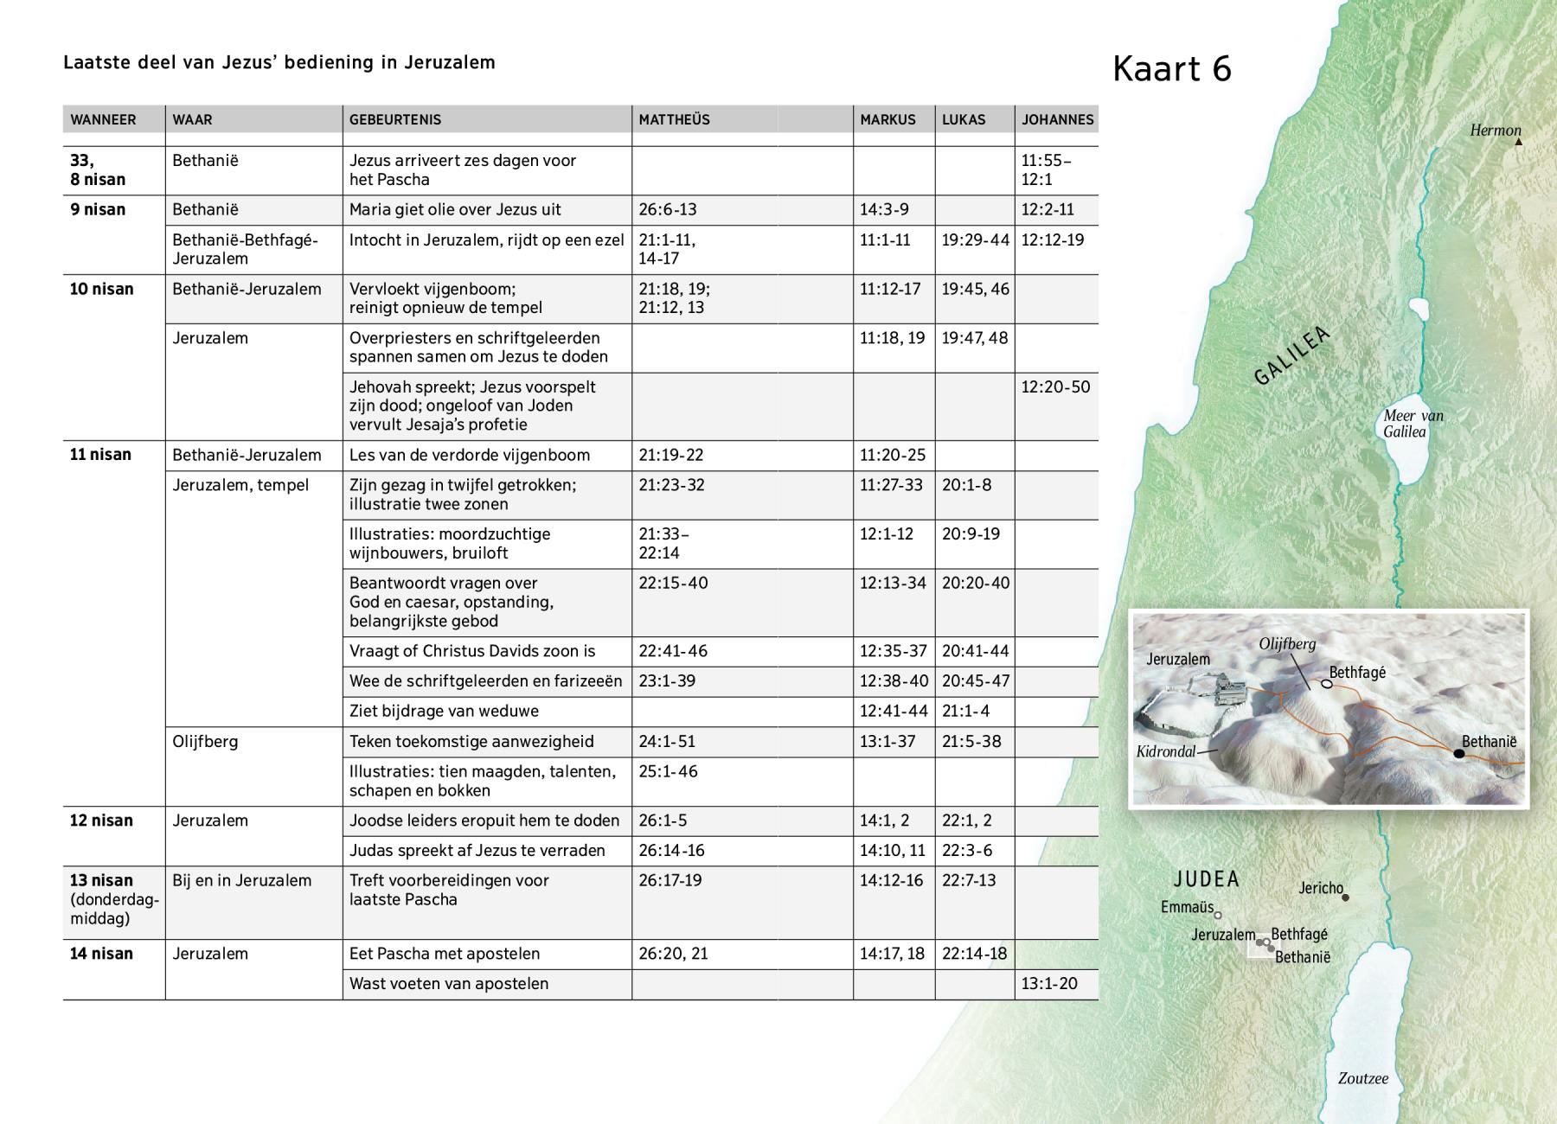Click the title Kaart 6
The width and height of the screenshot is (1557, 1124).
[1171, 69]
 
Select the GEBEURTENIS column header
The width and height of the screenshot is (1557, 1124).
[394, 120]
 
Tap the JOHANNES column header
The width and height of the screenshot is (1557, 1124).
[1057, 120]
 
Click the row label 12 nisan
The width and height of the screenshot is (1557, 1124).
[101, 821]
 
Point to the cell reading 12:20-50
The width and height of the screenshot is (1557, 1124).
[1055, 387]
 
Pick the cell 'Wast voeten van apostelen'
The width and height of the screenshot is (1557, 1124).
[448, 984]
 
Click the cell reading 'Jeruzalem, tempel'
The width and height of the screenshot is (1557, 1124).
[240, 485]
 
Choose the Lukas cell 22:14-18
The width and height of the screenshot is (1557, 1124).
[974, 954]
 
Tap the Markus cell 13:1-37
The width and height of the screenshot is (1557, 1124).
[887, 742]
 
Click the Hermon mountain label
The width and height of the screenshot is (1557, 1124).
[1495, 131]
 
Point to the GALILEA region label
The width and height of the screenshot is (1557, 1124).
[1291, 355]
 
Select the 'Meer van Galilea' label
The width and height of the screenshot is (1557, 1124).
[1413, 424]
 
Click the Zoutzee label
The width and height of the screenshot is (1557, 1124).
[1362, 1078]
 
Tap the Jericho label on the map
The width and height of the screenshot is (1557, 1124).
[1321, 888]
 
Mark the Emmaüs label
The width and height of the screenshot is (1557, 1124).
[1187, 907]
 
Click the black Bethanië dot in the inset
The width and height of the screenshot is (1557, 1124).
[1458, 754]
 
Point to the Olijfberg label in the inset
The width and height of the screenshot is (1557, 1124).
[1287, 644]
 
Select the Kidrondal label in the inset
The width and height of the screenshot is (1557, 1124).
[1165, 751]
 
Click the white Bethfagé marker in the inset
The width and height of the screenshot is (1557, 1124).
[1326, 684]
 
